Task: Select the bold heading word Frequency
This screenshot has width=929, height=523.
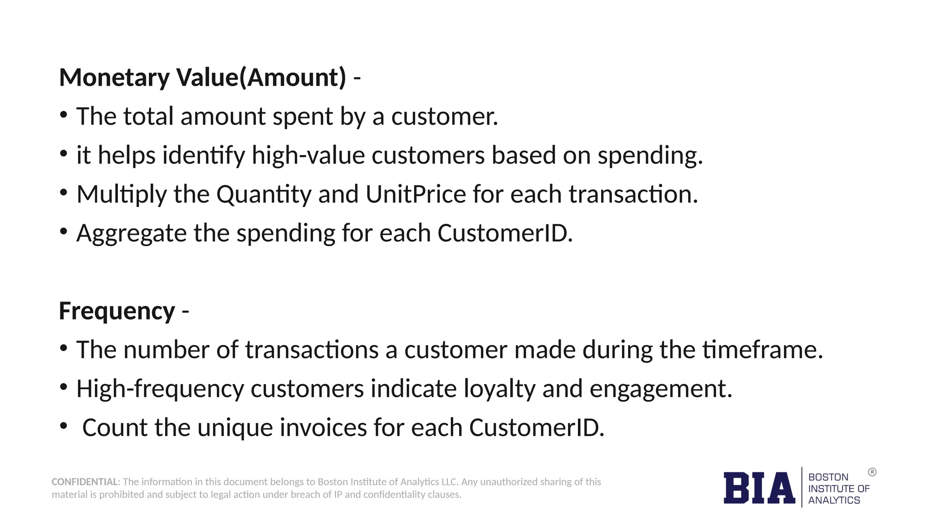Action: tap(117, 311)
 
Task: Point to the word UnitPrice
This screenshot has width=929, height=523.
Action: tap(416, 194)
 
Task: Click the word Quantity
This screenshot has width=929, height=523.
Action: tap(264, 195)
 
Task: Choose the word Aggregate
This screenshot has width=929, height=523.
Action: tap(131, 234)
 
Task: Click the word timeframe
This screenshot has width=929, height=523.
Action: tap(762, 350)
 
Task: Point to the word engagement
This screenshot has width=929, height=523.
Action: tap(660, 389)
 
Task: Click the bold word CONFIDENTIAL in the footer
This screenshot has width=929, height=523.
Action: tap(85, 482)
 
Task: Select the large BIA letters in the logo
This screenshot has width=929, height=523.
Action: tap(759, 488)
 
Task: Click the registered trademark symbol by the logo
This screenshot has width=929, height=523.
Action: tap(872, 472)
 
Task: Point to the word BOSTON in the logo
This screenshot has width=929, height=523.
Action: tap(828, 477)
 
